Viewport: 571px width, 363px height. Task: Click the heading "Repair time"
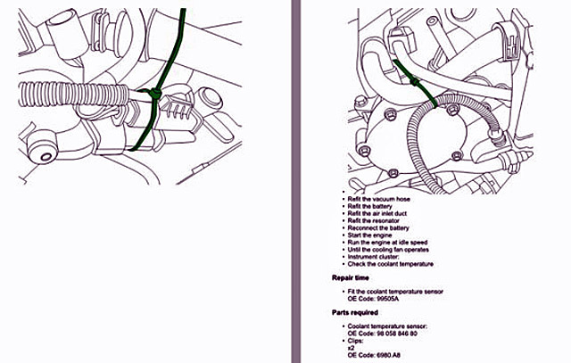coord(356,277)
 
